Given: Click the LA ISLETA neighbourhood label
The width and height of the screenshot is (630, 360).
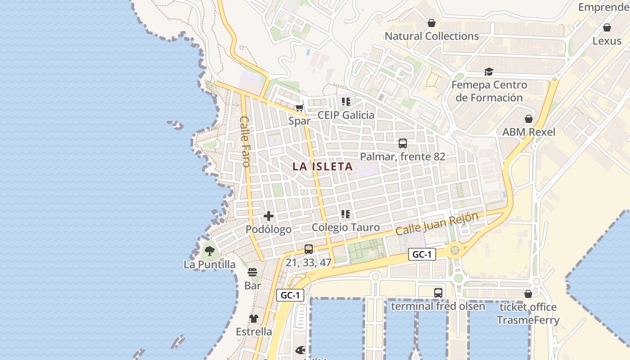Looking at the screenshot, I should pyautogui.click(x=322, y=166).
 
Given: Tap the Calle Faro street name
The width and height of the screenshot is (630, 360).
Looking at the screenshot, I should pyautogui.click(x=245, y=141).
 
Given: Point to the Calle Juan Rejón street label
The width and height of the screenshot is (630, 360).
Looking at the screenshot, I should pyautogui.click(x=436, y=224).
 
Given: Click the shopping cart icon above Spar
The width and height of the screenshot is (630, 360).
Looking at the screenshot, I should pyautogui.click(x=300, y=108).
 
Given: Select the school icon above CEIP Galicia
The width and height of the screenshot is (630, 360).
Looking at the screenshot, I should pyautogui.click(x=346, y=102).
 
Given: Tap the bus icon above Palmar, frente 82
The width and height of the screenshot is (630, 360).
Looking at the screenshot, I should pyautogui.click(x=403, y=144).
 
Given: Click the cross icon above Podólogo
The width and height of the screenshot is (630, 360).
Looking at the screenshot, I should pyautogui.click(x=269, y=216).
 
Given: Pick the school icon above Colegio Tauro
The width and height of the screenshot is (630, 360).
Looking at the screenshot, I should pyautogui.click(x=346, y=214).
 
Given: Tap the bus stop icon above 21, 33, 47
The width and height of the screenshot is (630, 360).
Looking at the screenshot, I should pyautogui.click(x=309, y=249).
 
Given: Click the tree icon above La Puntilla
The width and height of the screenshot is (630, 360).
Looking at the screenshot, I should pyautogui.click(x=209, y=251).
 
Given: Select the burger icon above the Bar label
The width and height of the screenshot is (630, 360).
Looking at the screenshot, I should pyautogui.click(x=252, y=272).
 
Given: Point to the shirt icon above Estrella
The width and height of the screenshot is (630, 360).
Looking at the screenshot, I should pyautogui.click(x=254, y=319).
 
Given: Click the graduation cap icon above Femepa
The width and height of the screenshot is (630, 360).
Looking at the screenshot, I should pyautogui.click(x=489, y=72).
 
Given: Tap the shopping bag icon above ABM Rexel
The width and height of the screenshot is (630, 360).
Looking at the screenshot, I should pyautogui.click(x=529, y=119).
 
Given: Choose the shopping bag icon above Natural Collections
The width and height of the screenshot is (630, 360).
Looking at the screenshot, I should pyautogui.click(x=432, y=23).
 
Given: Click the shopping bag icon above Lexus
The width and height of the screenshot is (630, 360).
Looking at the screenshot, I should pyautogui.click(x=607, y=27).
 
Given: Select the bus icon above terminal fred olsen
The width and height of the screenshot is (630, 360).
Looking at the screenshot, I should pyautogui.click(x=438, y=293).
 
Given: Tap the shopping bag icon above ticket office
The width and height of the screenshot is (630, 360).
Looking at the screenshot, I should pyautogui.click(x=528, y=294).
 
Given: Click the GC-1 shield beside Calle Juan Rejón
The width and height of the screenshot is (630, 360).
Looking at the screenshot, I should pyautogui.click(x=423, y=254).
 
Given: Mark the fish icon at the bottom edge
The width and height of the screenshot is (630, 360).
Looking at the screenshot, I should pyautogui.click(x=300, y=350).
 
